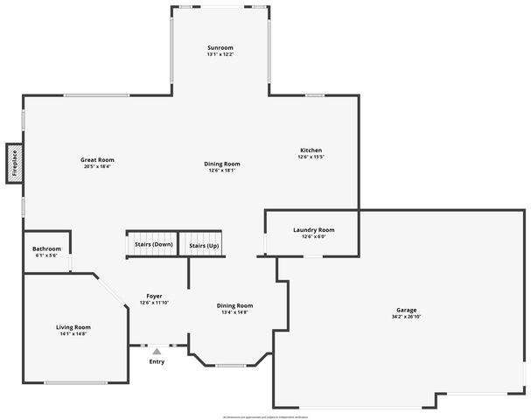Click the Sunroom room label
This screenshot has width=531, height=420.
[220, 47]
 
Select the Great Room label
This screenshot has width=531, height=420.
[97, 160]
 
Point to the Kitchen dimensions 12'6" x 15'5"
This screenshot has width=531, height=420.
[311, 157]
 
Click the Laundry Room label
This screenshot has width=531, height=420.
[313, 230]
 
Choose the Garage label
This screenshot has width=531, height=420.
[406, 310]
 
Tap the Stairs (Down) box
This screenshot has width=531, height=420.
[153, 245]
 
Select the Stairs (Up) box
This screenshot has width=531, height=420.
[204, 245]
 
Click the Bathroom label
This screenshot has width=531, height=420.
[45, 249]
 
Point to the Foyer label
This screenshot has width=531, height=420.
[153, 297]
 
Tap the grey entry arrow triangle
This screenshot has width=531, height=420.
[157, 351]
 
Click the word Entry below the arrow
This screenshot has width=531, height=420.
[157, 361]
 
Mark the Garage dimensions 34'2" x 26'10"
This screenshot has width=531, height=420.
[406, 317]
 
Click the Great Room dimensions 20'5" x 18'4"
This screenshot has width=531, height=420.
[97, 166]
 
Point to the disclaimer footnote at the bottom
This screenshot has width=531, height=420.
[265, 417]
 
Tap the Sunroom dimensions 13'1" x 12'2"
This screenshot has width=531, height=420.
[220, 54]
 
